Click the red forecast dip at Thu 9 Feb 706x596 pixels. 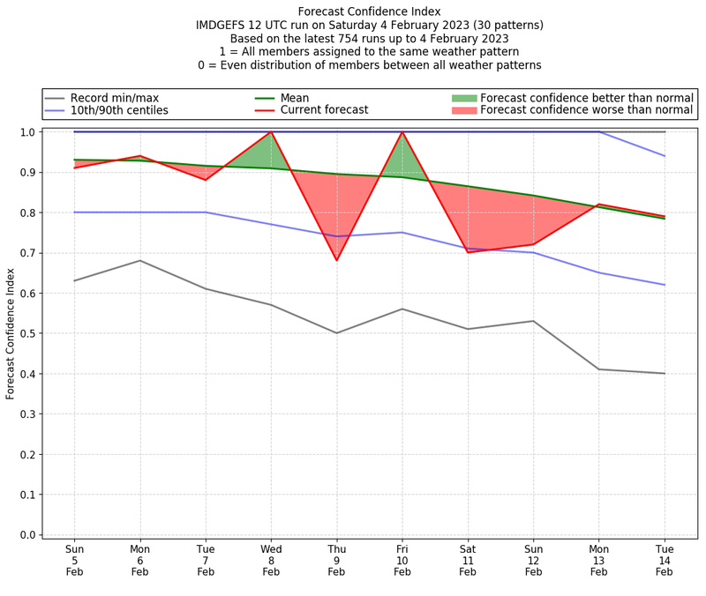pos(336,260)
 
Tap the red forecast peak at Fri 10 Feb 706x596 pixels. pos(402,132)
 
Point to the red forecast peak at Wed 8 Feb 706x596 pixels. pos(271,132)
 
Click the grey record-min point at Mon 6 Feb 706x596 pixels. pos(139,260)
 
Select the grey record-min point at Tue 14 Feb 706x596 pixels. pos(665,373)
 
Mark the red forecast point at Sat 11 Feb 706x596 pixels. pos(468,252)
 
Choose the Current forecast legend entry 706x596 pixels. pos(321,110)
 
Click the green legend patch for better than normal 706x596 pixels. pos(463,98)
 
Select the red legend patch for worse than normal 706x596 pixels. pos(463,110)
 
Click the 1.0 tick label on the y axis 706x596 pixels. pos(26,132)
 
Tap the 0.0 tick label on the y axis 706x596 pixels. pos(26,534)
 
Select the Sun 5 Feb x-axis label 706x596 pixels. pos(74,559)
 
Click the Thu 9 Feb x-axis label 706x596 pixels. pos(336,559)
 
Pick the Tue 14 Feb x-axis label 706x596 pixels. pos(665,559)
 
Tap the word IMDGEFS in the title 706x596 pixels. pos(225,26)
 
